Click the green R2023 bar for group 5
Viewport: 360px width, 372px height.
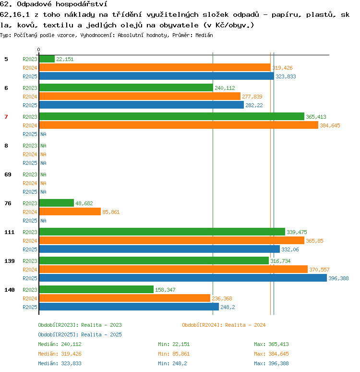pos(47,59)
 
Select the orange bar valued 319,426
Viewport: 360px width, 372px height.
pos(155,67)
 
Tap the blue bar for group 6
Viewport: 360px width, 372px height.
pos(142,105)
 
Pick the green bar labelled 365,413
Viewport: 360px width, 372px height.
pos(172,116)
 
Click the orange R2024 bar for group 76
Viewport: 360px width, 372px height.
pos(70,211)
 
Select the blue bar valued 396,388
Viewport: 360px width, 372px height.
pos(183,278)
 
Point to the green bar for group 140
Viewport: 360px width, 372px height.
pos(96,289)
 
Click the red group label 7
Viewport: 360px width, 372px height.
pos(6,117)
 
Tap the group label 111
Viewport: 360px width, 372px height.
pos(10,232)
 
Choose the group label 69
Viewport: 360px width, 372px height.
pos(8,174)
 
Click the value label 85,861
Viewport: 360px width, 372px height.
pos(111,212)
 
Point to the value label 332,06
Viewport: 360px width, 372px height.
pos(290,249)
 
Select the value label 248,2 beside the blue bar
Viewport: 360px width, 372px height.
pos(228,307)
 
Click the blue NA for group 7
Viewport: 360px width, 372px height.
pos(43,134)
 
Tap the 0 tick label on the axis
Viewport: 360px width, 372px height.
pos(38,50)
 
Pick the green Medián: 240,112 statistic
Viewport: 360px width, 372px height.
pos(60,344)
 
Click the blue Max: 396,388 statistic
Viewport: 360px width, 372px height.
pos(271,363)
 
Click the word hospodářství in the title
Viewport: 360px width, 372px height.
pos(82,4)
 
